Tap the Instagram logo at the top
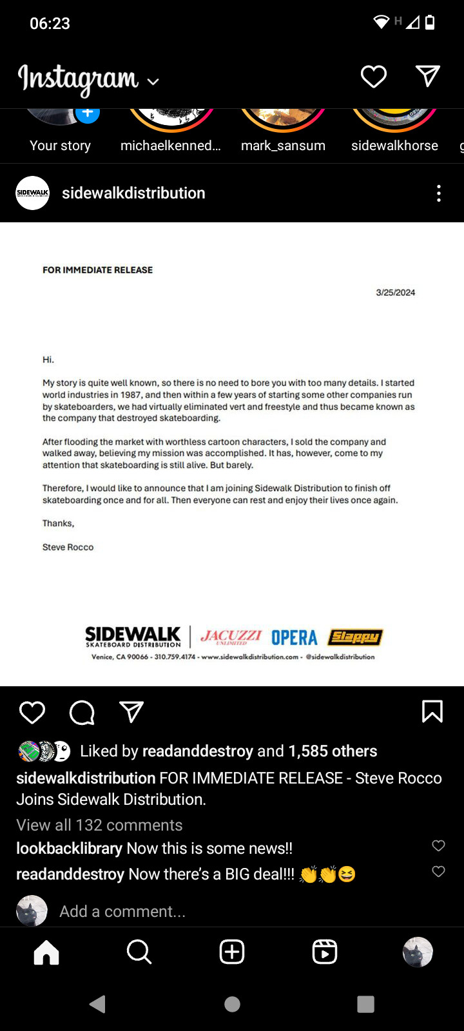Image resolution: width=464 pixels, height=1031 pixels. click(x=79, y=79)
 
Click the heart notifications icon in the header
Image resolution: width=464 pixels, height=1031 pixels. click(x=373, y=77)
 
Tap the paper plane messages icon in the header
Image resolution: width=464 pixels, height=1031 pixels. click(x=428, y=76)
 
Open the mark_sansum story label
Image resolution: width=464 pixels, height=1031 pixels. click(x=283, y=146)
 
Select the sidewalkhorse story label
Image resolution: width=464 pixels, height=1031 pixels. click(x=394, y=146)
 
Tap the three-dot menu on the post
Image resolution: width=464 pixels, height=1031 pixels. click(x=439, y=193)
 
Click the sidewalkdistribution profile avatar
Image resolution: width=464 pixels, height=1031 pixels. click(x=32, y=193)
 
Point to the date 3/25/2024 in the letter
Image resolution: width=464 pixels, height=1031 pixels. click(x=395, y=293)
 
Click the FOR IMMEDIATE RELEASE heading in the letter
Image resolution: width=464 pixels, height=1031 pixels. click(x=97, y=270)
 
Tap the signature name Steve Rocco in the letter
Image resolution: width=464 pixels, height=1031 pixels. click(x=68, y=547)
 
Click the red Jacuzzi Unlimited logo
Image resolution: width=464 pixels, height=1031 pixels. click(x=231, y=637)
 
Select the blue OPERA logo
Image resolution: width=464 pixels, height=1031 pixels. click(x=294, y=638)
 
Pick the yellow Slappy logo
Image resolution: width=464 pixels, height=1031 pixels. click(x=355, y=637)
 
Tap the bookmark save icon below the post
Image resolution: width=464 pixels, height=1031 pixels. click(x=432, y=711)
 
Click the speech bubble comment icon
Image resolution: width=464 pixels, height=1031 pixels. click(x=82, y=713)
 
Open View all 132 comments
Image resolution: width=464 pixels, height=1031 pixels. click(x=99, y=825)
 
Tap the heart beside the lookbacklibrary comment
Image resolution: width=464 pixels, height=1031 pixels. click(x=438, y=846)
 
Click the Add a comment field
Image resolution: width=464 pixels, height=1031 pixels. click(x=122, y=911)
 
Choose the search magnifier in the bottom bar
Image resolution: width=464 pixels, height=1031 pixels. click(x=139, y=952)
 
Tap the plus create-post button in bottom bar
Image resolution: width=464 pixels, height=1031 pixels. click(x=232, y=952)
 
